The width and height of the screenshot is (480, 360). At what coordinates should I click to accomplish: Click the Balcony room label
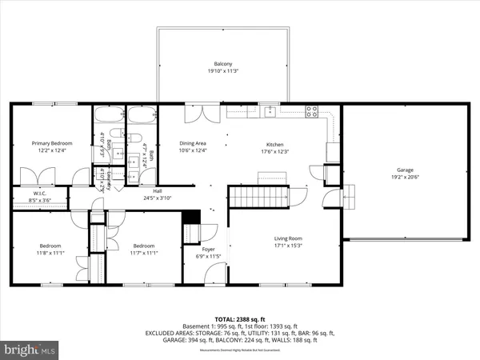pyautogui.click(x=223, y=63)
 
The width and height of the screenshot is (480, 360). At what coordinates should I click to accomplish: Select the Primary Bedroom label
pyautogui.click(x=47, y=143)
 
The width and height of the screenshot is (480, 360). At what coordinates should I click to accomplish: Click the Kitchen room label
pyautogui.click(x=275, y=145)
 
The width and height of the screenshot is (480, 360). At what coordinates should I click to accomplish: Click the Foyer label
pyautogui.click(x=207, y=250)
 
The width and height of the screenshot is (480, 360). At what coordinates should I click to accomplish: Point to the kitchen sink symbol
pyautogui.click(x=271, y=111)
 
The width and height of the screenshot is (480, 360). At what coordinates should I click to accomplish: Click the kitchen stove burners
pyautogui.click(x=312, y=111)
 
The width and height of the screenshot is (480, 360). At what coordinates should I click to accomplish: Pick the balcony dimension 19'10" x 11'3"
pyautogui.click(x=223, y=70)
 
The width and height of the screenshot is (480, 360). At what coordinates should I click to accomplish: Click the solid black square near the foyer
pyautogui.click(x=190, y=216)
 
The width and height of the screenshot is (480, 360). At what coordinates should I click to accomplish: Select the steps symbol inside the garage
pyautogui.click(x=349, y=196)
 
